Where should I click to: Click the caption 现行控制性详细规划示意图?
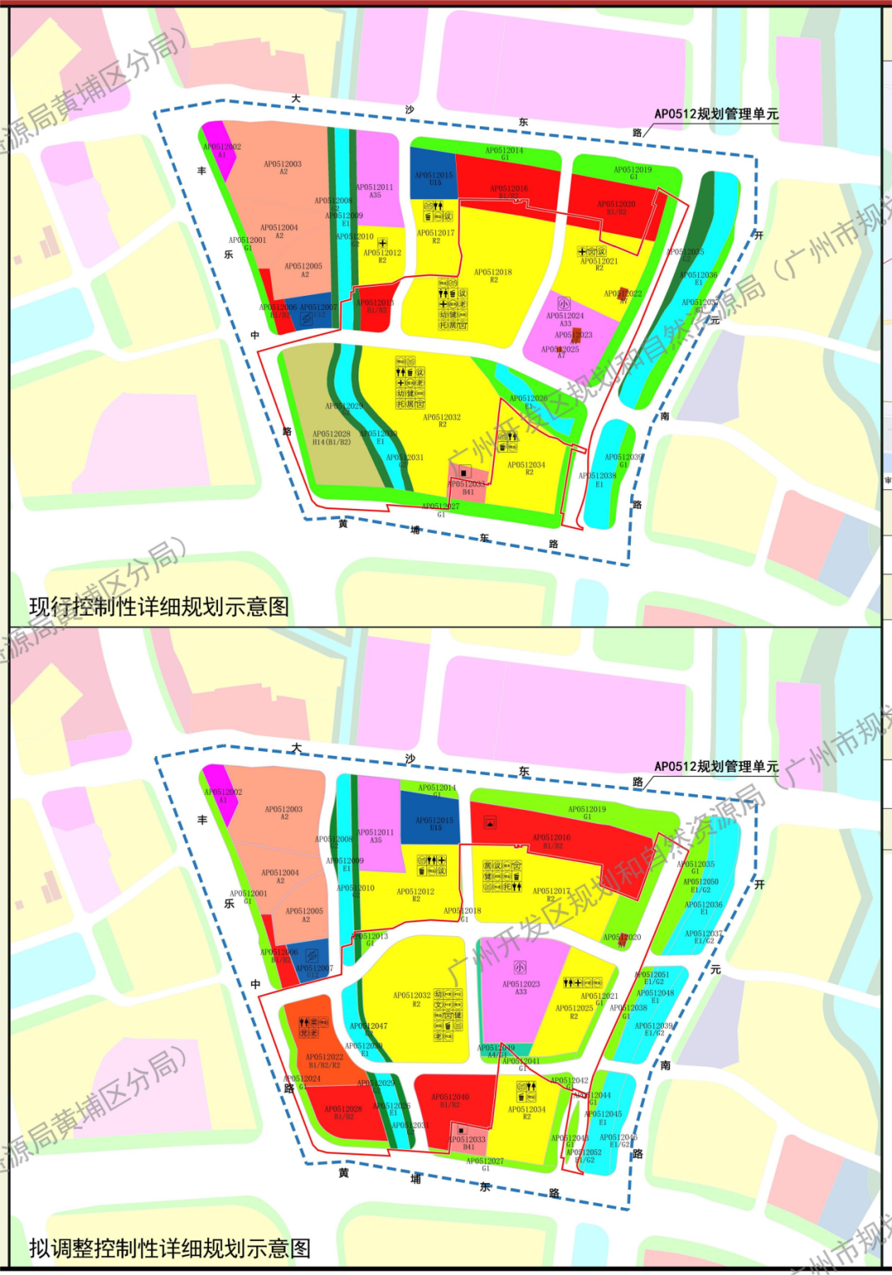(159, 607)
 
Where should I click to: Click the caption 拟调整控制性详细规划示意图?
(170, 1249)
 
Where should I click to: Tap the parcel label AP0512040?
(450, 1097)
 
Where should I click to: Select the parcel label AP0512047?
(368, 1026)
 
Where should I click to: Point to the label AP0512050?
(700, 882)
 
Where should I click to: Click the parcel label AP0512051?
(652, 975)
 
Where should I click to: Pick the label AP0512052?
(584, 1153)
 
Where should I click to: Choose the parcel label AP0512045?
(603, 1114)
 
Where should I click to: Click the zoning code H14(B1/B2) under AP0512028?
(331, 443)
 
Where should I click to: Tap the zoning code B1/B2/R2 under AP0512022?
(325, 1066)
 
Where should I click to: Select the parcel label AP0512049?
(496, 1048)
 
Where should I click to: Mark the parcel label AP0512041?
(521, 1062)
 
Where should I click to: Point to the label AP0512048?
(655, 993)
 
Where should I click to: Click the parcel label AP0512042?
(570, 1081)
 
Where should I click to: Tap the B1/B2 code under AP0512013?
(376, 311)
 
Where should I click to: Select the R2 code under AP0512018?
(493, 280)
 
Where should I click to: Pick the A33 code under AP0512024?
(565, 324)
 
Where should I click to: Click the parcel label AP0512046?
(619, 1138)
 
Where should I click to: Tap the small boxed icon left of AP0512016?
(490, 823)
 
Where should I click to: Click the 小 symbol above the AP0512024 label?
(563, 304)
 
